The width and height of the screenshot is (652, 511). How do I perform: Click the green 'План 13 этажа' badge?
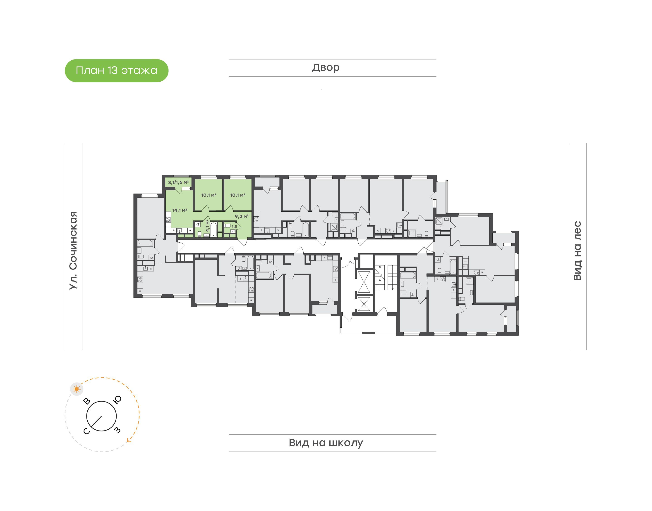tap(117, 71)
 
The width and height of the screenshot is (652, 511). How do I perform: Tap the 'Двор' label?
tap(326, 68)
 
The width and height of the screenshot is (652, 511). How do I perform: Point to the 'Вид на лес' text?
tap(577, 251)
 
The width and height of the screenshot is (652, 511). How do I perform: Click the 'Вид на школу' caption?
tap(326, 443)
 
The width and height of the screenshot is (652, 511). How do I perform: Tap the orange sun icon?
tap(77, 389)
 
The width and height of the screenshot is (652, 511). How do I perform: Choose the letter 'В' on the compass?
tap(87, 401)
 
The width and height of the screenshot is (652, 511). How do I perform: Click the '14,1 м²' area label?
tap(180, 210)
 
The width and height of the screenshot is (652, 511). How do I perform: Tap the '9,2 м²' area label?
tap(242, 216)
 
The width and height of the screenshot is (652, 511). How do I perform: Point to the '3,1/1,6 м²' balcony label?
tap(178, 182)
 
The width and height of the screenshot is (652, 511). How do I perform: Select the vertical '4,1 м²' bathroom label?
tap(207, 226)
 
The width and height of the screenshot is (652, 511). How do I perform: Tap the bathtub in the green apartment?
tap(213, 229)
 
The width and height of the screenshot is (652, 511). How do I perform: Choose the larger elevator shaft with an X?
tap(364, 281)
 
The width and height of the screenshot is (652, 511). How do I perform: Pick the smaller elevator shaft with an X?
tap(364, 305)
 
